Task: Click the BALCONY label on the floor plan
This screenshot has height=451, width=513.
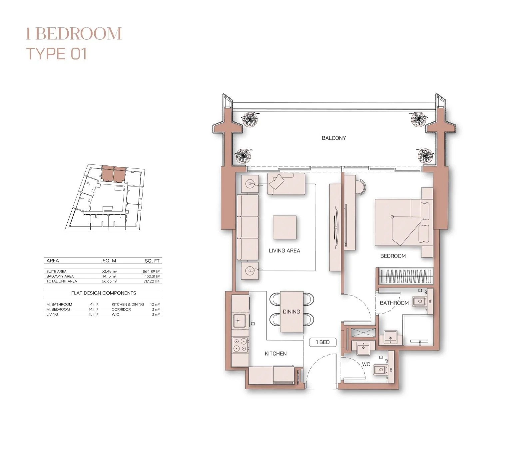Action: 333,138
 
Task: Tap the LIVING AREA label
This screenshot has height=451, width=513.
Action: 284,251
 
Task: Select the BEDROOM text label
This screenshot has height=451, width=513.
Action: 393,256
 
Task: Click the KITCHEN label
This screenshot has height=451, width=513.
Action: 275,353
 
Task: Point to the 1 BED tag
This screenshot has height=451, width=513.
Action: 322,342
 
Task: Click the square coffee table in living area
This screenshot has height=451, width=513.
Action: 284,227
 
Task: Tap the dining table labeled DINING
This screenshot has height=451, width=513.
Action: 291,312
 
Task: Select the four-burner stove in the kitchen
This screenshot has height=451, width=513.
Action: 240,345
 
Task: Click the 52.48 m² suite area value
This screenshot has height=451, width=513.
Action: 109,271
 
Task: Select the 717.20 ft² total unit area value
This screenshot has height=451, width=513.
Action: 152,281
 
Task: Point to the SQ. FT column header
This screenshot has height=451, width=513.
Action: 152,261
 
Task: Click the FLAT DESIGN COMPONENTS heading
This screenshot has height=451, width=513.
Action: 104,293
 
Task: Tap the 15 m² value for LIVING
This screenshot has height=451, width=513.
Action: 93,314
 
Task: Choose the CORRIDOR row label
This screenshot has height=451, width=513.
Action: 121,309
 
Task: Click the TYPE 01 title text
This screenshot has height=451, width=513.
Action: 57,54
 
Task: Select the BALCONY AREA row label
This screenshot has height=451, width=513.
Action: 60,276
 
